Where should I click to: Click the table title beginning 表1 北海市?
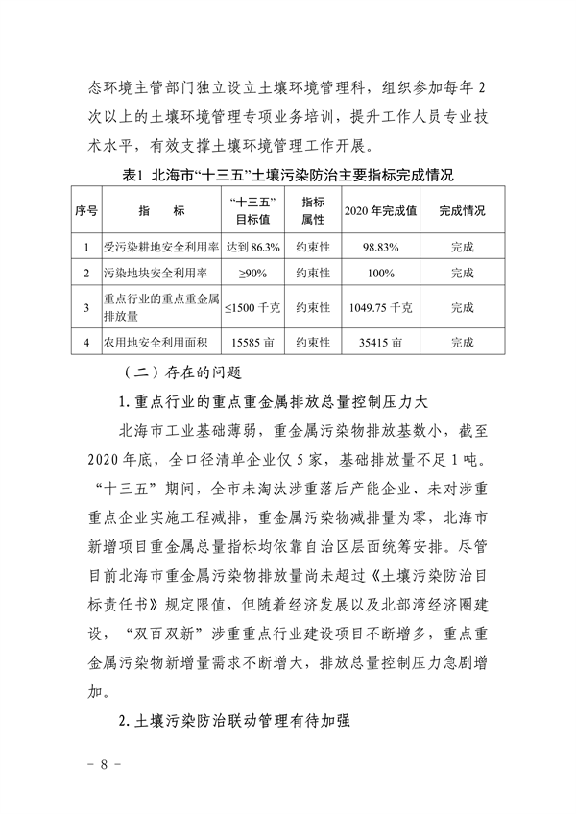[x=288, y=175]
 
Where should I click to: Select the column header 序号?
[x=84, y=210]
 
